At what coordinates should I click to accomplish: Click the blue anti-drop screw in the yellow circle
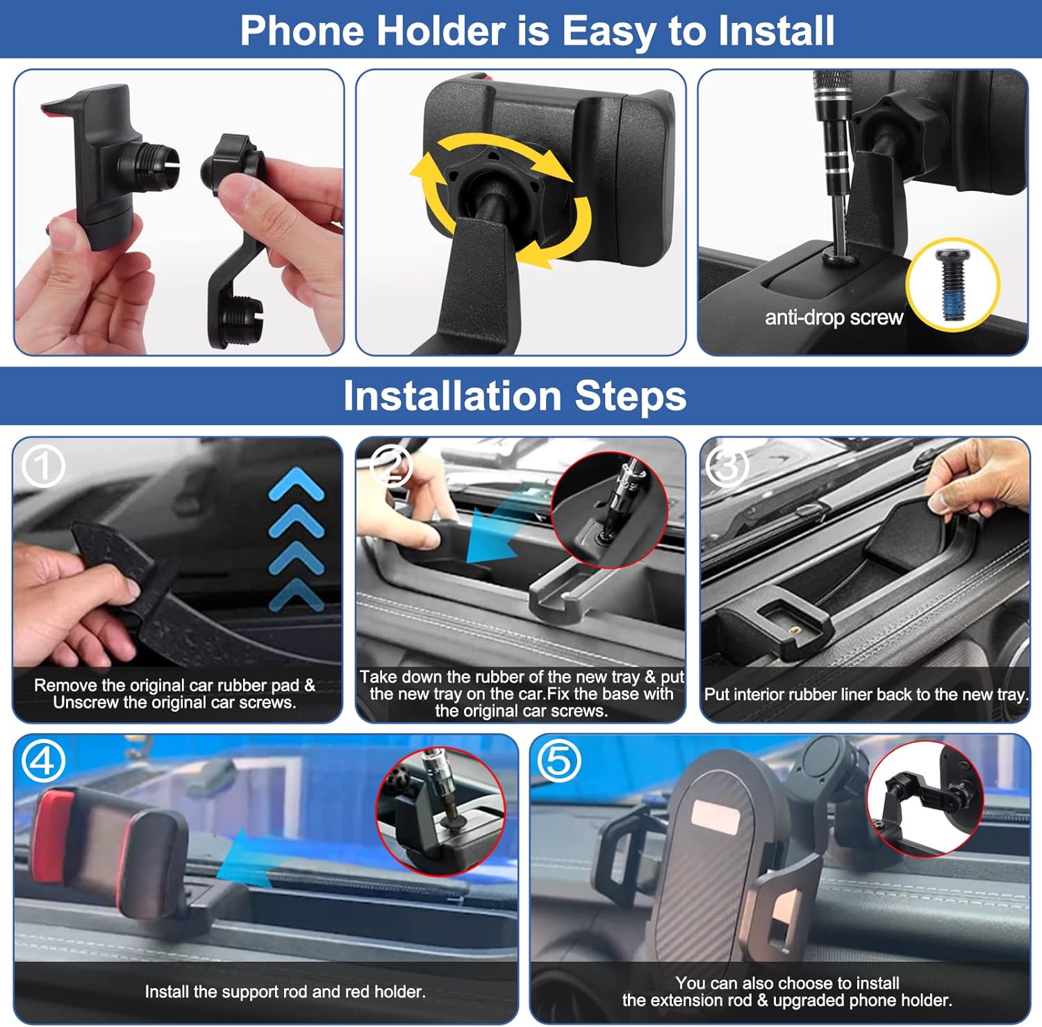[x=952, y=285]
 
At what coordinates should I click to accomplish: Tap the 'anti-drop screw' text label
[x=834, y=318]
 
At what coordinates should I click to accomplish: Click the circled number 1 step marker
[x=43, y=466]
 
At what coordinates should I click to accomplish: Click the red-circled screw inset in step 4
[x=440, y=811]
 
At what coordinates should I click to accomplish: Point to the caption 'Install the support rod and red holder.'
[x=285, y=992]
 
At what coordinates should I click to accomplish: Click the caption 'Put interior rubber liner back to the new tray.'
[x=866, y=694]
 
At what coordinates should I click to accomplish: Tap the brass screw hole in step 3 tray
[x=796, y=631]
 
